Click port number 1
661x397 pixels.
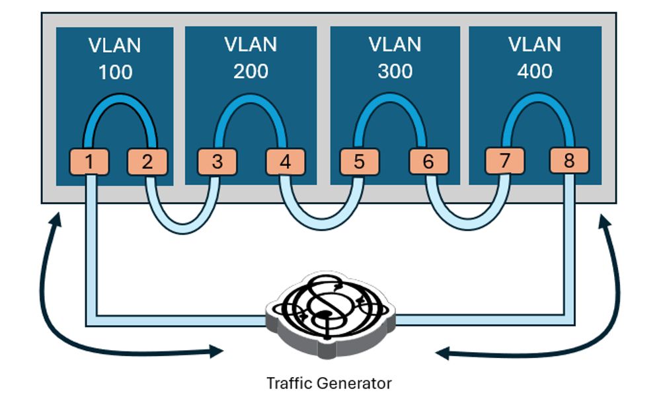[x=91, y=161]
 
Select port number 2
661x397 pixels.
[x=147, y=161]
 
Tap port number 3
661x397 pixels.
[x=217, y=161]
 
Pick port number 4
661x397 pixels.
[x=285, y=161]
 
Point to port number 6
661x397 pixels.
[x=428, y=161]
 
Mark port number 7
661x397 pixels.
[x=504, y=161]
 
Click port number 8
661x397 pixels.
[x=568, y=161]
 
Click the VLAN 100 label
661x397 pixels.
[x=115, y=59]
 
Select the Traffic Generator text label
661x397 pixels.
[x=329, y=383]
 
